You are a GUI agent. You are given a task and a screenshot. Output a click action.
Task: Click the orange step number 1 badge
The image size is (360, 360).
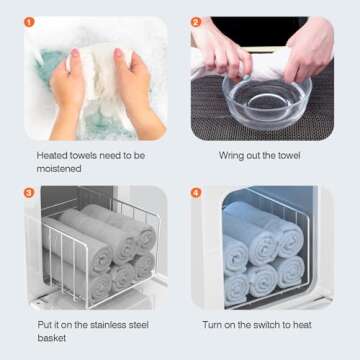click(29, 22)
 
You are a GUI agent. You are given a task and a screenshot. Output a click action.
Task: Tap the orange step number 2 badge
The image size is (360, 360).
click(196, 22)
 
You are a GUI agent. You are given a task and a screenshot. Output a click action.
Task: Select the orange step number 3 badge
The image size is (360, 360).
click(29, 193)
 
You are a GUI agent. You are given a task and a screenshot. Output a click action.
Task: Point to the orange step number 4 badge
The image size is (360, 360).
click(196, 193)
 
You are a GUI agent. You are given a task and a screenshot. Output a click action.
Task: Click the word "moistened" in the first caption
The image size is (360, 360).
click(59, 169)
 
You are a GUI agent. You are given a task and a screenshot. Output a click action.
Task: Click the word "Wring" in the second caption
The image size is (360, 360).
click(231, 156)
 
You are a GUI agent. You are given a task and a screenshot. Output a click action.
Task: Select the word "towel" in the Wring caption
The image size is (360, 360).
click(289, 156)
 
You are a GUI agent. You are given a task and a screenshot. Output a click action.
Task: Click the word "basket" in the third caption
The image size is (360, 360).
click(52, 338)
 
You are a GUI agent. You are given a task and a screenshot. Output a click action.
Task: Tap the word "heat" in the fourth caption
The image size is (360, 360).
click(302, 325)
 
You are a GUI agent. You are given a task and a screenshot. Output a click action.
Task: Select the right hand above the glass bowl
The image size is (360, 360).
click(308, 52)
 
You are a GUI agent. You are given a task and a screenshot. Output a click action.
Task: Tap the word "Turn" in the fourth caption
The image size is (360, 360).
click(212, 325)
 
